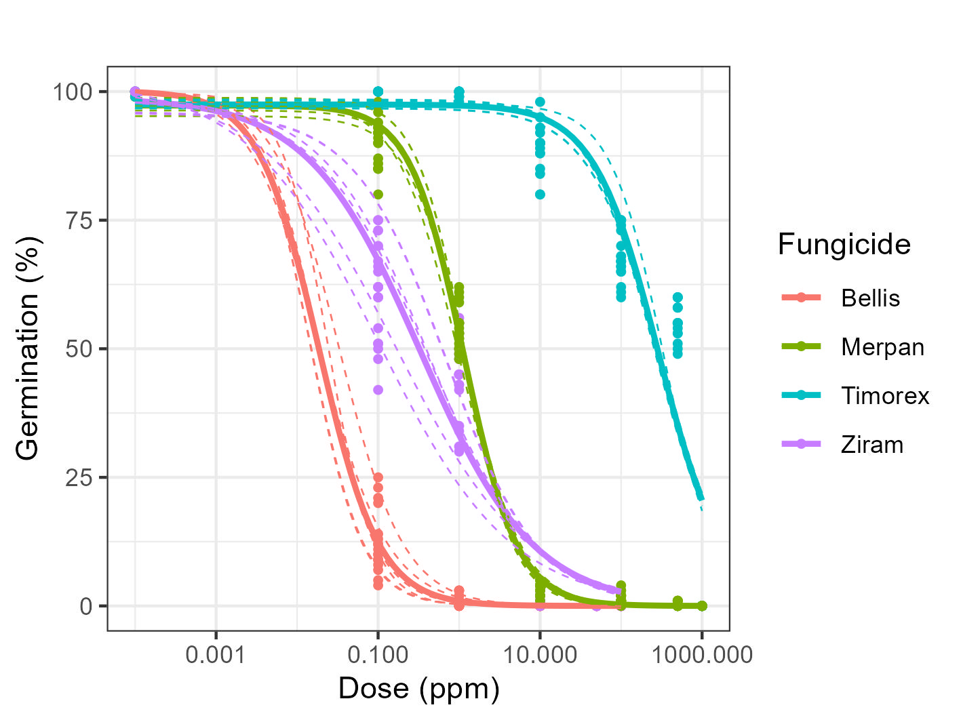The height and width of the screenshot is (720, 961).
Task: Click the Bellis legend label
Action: coord(870,298)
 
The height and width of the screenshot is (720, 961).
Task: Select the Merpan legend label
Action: coord(882,347)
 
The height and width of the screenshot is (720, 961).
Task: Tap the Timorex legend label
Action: coord(885,396)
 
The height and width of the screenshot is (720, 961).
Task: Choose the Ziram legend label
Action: coord(872,445)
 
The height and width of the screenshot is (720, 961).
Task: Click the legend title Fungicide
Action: coord(844,244)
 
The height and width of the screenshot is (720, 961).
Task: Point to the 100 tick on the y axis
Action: coord(73,92)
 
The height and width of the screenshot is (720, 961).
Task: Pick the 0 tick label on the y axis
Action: coord(86,606)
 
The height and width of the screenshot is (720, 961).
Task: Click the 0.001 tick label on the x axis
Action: coord(216,656)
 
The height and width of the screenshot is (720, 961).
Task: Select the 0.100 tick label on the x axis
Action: coord(378,656)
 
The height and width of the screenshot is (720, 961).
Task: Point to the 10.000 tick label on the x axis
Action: coord(540,656)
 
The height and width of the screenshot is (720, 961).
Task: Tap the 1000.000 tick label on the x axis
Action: coord(702,656)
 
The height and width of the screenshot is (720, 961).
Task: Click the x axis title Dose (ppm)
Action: coord(418,689)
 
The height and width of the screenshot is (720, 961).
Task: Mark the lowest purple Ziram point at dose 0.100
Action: coord(378,390)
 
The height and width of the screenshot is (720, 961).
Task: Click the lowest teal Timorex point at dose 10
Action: coord(540,195)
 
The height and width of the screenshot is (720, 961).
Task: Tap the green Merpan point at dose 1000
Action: coord(702,605)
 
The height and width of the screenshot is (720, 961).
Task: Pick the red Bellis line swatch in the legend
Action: coord(802,298)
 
